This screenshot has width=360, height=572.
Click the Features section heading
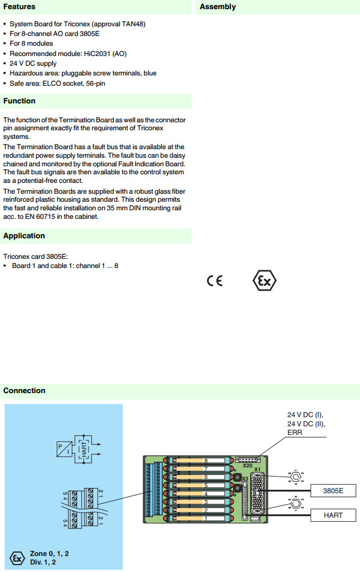pyautogui.click(x=19, y=7)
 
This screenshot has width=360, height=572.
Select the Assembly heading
pyautogui.click(x=218, y=7)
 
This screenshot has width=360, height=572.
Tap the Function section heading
pyautogui.click(x=19, y=101)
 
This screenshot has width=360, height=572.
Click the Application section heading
pyautogui.click(x=24, y=236)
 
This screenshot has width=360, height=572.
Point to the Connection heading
pyautogui.click(x=24, y=391)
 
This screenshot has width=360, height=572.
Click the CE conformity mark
pyautogui.click(x=215, y=281)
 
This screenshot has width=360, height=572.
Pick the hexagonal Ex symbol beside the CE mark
pyautogui.click(x=265, y=281)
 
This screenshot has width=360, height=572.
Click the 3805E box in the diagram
pyautogui.click(x=333, y=491)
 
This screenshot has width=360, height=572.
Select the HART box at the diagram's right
pyautogui.click(x=333, y=515)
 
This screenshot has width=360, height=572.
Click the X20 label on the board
pyautogui.click(x=247, y=466)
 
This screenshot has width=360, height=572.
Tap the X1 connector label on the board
pyautogui.click(x=257, y=470)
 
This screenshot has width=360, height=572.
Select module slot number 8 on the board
pyautogui.click(x=205, y=461)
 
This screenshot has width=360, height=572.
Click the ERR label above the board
pyautogui.click(x=295, y=433)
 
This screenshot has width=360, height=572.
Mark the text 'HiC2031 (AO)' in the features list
pyautogui.click(x=106, y=54)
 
